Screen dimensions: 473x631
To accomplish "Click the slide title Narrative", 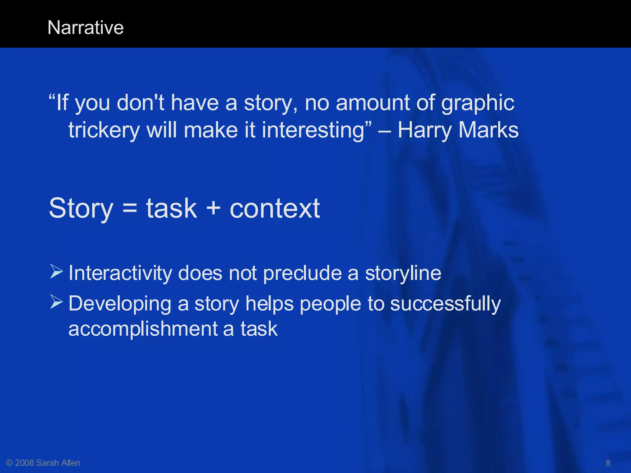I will [86, 28].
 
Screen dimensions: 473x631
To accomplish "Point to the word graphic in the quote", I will [478, 103].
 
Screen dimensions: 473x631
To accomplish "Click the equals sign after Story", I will [130, 208].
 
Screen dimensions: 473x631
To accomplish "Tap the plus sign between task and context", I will [213, 208].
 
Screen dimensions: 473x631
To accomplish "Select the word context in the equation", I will [275, 208].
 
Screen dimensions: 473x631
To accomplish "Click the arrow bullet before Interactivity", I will [56, 272].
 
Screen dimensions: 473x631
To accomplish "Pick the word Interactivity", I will [120, 273].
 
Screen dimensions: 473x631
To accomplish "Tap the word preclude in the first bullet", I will [302, 274].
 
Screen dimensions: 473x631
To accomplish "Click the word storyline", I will [403, 274].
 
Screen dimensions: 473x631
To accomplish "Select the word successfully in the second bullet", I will [446, 305].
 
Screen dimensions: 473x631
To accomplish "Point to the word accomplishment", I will [143, 329].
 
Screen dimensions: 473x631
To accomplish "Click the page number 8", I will [608, 463].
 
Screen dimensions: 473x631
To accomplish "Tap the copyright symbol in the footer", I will [9, 463].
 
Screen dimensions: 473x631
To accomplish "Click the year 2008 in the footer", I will [24, 463].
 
